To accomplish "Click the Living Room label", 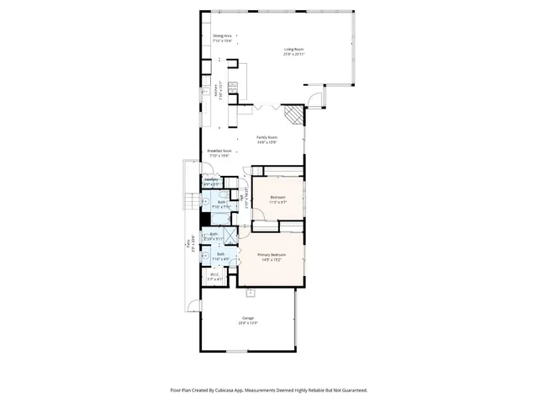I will [x=292, y=50].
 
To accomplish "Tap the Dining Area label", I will [x=222, y=36].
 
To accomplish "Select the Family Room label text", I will [x=267, y=137].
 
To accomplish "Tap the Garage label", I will [x=247, y=317].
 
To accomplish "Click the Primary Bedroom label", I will [x=271, y=254].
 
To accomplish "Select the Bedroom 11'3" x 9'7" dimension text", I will [x=277, y=203].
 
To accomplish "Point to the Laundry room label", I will [x=211, y=179].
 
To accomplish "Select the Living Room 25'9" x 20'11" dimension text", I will [x=292, y=55].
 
